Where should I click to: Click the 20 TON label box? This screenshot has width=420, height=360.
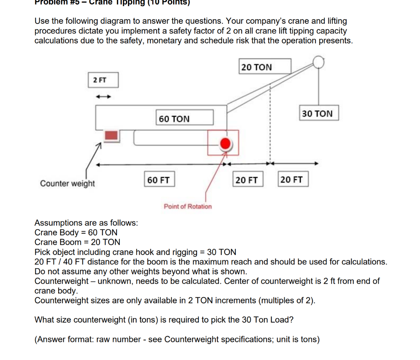(x=265, y=67)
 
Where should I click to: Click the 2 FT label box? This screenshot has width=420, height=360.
(x=103, y=80)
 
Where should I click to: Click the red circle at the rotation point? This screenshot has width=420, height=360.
(x=225, y=144)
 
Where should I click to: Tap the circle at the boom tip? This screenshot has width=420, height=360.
(x=319, y=62)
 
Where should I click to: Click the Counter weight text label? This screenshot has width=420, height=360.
(x=67, y=183)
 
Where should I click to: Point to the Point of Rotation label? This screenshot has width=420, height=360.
(x=188, y=206)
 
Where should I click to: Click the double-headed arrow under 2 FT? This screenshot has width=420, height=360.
(x=103, y=97)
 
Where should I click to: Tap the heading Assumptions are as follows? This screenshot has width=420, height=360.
(x=86, y=223)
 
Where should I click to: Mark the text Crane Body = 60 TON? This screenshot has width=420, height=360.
(x=76, y=232)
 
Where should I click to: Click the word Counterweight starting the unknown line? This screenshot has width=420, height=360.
(x=61, y=281)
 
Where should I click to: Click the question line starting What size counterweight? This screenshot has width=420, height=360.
(x=164, y=320)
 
